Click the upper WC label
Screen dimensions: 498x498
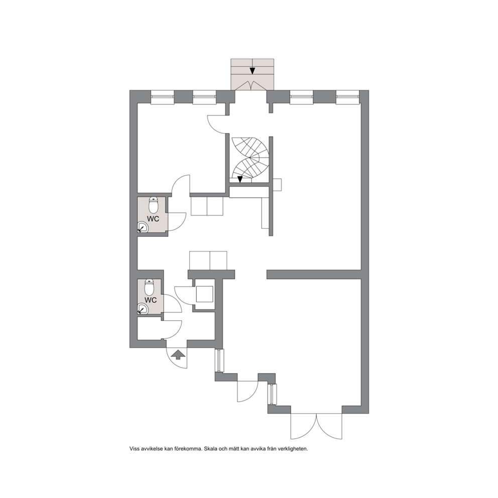153,219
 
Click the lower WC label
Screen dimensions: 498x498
151,300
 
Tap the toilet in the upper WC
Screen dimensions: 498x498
154,205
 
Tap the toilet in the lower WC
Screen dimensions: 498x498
149,287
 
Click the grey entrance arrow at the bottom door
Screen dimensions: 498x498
179,354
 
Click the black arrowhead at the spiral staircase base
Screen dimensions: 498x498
240,179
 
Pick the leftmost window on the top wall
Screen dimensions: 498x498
162,97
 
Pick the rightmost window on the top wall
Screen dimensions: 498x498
348,97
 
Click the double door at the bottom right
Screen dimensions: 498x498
317,426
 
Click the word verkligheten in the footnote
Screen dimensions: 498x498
293,449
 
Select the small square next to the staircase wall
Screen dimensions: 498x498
277,185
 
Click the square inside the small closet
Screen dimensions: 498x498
204,294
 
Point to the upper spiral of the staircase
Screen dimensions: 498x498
250,148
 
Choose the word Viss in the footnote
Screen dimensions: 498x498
135,449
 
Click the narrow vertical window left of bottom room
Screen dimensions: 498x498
218,361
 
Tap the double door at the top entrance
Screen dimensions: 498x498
252,86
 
